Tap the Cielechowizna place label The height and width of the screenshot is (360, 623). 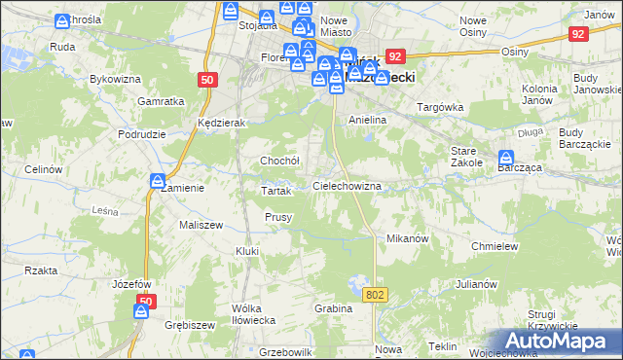pos(346,185)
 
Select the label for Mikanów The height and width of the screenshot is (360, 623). pos(408,238)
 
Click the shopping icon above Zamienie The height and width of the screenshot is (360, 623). pos(157,180)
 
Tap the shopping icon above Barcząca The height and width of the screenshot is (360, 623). pos(506,157)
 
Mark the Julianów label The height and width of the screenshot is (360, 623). pos(476,285)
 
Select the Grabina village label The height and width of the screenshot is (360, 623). pos(332,308)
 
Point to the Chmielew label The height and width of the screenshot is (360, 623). pos(493,247)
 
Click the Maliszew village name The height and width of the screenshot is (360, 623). pos(202,225)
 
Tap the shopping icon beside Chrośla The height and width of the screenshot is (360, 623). pos(63,20)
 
